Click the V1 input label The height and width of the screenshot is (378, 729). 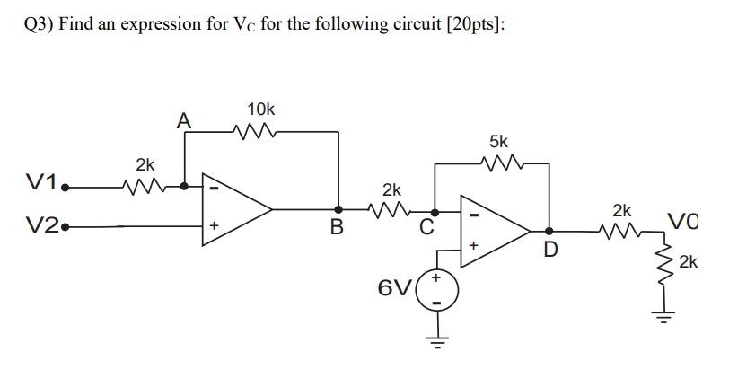tap(40, 185)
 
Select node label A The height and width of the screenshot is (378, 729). tap(183, 119)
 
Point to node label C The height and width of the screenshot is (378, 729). tap(426, 227)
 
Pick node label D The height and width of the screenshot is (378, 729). tap(551, 248)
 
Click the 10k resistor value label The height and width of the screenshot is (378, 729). tap(260, 109)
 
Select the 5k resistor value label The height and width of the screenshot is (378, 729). tap(498, 141)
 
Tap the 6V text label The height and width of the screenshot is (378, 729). tap(395, 288)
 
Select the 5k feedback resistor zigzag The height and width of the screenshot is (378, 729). tap(499, 163)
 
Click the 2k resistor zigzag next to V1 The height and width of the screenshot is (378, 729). tap(145, 186)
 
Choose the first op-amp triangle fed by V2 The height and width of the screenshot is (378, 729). tap(235, 211)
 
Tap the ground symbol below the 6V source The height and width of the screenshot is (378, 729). tap(436, 339)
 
